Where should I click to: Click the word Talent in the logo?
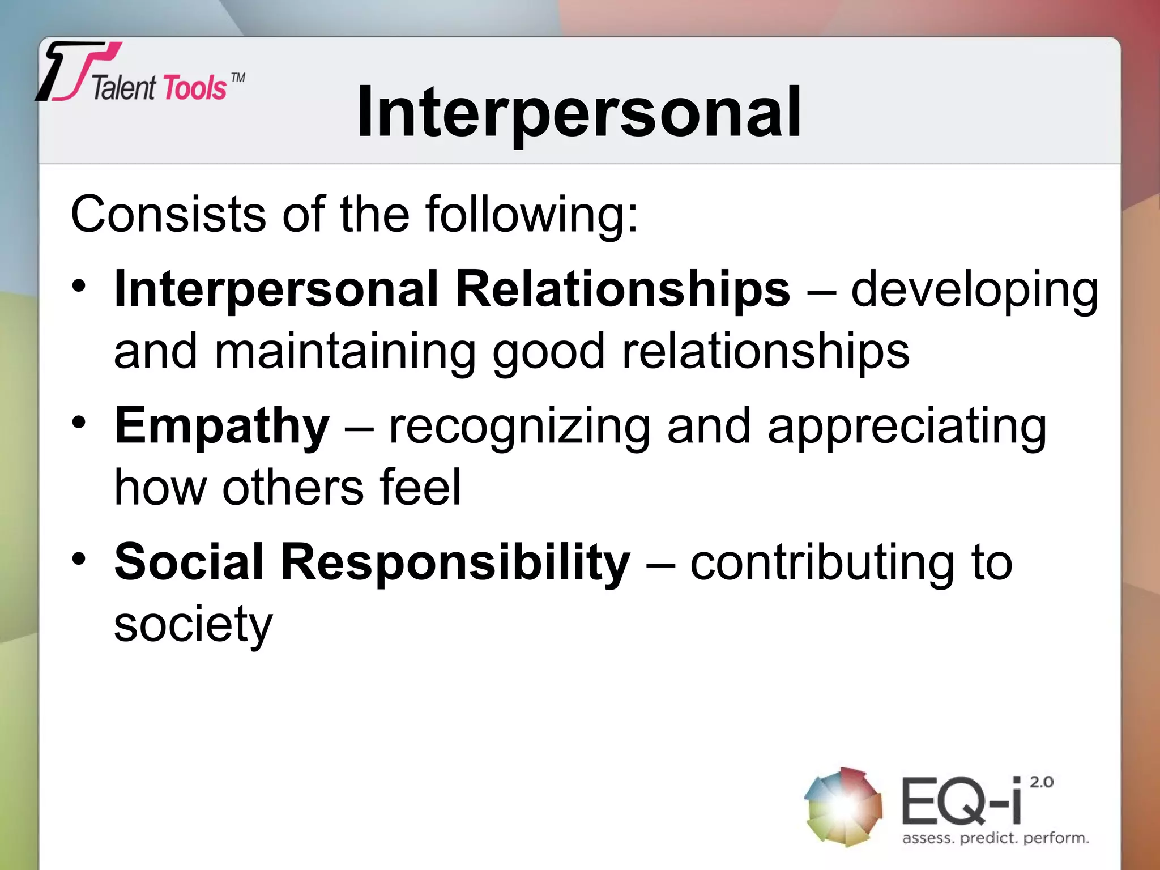(x=123, y=88)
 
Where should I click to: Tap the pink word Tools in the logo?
(x=195, y=88)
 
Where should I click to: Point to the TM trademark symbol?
(x=238, y=78)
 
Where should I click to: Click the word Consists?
(x=168, y=214)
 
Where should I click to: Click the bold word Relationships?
(x=622, y=289)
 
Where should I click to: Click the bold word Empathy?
(x=221, y=427)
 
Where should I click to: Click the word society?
(x=193, y=625)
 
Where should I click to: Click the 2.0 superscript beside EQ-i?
(x=1041, y=782)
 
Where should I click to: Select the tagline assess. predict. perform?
(x=995, y=838)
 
